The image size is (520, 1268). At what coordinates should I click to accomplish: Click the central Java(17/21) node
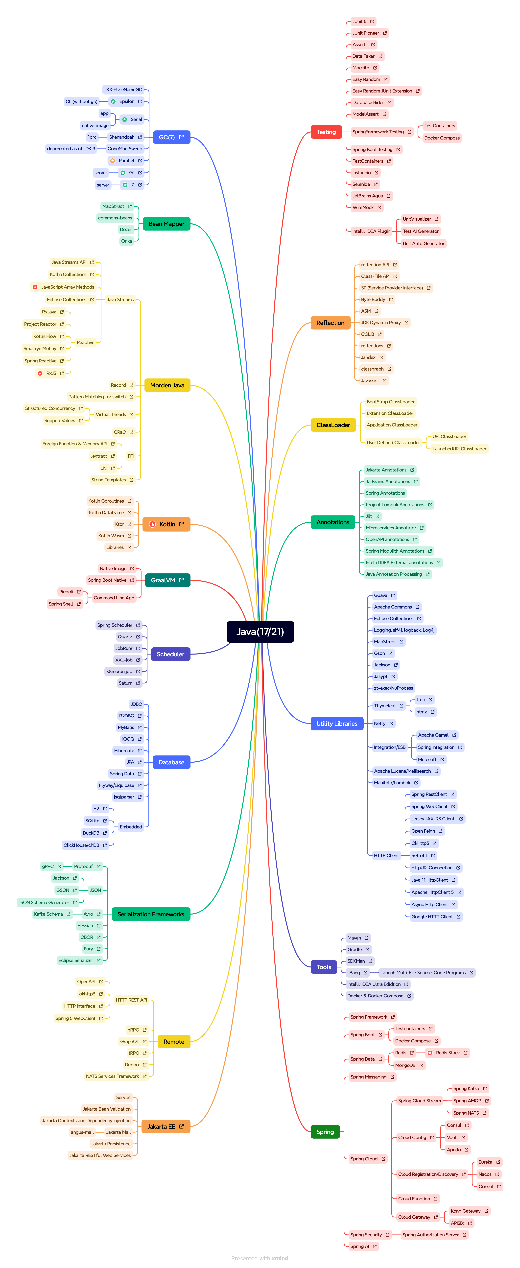coord(260,632)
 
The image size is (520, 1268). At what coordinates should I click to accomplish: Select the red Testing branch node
coord(326,132)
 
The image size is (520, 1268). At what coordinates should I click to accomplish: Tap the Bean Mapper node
coord(166,224)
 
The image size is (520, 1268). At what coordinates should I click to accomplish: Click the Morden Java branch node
coord(167,385)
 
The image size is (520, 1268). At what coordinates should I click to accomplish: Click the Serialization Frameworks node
coord(151,914)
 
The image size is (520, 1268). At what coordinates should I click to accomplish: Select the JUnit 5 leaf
coord(359,22)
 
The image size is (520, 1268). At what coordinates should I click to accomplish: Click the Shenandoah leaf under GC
coord(122,137)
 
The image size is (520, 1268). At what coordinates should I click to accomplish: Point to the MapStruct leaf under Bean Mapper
coord(113,206)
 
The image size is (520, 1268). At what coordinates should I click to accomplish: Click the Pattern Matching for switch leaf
coord(97,397)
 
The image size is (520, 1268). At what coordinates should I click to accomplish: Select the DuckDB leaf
coord(91,833)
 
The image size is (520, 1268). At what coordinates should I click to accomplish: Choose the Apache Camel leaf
coord(433,735)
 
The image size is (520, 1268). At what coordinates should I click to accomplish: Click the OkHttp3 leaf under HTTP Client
coord(420,843)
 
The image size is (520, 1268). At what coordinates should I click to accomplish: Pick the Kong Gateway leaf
coord(465,1211)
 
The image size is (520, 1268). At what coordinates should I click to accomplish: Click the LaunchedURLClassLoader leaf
coord(459,448)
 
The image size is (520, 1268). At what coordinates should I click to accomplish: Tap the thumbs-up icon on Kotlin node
coord(153,524)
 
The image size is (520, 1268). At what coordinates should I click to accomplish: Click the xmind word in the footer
coord(280,1258)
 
